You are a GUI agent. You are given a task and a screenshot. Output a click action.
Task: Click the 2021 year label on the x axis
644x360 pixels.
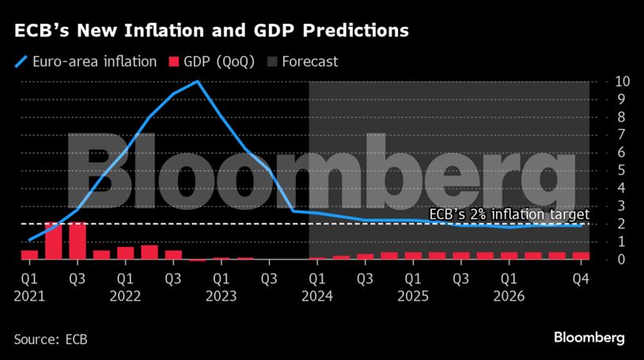29,296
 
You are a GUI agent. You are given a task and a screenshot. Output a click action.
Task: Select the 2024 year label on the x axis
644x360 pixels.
317,296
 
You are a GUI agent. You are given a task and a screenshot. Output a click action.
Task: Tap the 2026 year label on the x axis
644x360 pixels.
510,296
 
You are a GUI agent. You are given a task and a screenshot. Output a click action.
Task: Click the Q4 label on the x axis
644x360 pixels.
581,279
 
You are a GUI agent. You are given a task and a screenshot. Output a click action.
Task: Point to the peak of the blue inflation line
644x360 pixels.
197,81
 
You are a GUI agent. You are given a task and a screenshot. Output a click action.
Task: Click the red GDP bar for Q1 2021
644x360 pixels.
29,254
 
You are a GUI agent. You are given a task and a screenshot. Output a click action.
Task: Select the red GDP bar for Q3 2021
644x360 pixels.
78,241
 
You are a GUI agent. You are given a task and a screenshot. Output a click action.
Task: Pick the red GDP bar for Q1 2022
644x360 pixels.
125,252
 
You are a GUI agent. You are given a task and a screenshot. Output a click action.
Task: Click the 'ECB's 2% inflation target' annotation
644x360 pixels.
509,214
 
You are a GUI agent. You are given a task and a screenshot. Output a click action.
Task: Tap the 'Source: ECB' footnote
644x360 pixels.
51,339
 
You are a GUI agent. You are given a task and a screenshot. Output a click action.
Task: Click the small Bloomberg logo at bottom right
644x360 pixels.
589,338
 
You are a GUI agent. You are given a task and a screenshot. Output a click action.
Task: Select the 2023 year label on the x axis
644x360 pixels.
222,296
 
